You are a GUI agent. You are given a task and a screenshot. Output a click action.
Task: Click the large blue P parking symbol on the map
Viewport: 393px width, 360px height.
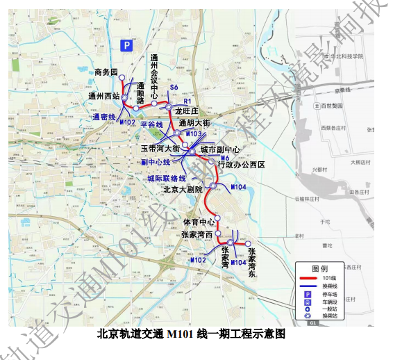[x=127, y=46]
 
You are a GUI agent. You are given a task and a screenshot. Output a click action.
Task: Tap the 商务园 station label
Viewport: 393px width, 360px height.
[x=106, y=73]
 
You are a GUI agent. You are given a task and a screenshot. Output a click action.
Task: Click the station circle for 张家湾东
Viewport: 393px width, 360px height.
[x=247, y=243]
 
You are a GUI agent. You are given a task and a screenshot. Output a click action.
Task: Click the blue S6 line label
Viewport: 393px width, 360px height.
[x=174, y=88]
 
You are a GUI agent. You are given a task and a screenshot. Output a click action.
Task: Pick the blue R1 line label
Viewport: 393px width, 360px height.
[x=187, y=101]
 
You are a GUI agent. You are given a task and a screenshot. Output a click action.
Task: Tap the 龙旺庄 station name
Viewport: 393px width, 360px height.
[x=187, y=111]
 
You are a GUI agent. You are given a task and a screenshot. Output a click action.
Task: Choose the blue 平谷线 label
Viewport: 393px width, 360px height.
[x=151, y=124]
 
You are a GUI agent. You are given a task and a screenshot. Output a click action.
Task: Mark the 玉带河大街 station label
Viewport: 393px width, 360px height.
[x=160, y=149]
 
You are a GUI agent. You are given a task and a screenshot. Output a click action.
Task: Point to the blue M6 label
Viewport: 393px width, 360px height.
[x=224, y=158]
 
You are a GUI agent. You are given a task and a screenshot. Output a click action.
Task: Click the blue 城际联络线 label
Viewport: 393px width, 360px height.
[x=167, y=179]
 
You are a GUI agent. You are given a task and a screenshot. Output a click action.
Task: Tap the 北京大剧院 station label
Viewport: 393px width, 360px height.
[x=183, y=189]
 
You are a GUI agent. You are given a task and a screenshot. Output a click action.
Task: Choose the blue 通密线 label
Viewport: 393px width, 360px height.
[x=103, y=117]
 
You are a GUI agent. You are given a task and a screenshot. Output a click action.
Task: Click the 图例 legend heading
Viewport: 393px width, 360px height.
[x=319, y=268]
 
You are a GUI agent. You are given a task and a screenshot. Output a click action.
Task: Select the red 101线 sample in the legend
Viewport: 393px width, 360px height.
[x=307, y=278]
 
